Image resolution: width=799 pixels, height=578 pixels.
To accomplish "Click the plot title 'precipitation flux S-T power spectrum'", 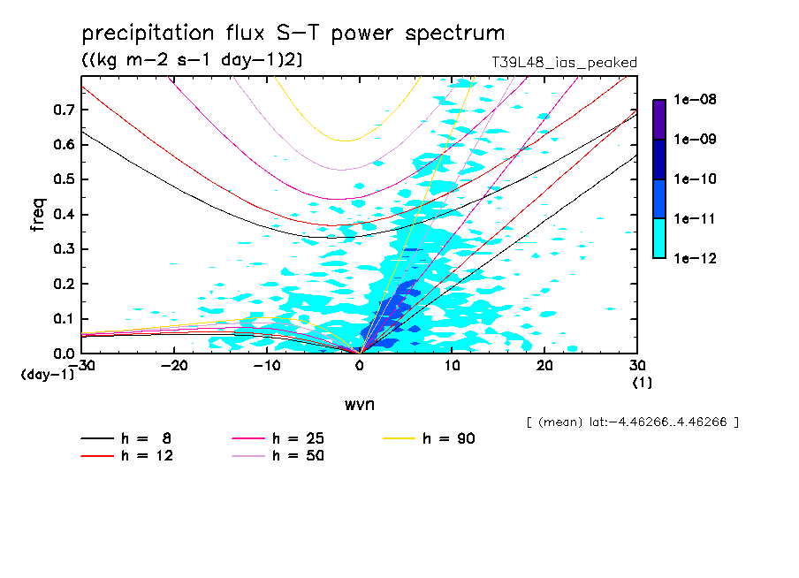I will pos(293,34).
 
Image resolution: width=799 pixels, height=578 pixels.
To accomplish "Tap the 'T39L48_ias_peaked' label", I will pos(564,63).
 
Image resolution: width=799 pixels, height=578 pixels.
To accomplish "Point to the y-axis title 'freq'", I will pos(38,214).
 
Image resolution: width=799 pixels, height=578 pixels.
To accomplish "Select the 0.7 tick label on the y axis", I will pos(64,110).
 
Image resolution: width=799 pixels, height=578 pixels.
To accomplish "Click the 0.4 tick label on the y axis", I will pos(64,214).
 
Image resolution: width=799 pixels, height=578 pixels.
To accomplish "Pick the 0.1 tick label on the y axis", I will pos(64,319).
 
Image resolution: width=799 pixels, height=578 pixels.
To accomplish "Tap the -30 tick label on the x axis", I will pos(85,365).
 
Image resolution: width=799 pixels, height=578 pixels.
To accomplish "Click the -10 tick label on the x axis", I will pos(266,365).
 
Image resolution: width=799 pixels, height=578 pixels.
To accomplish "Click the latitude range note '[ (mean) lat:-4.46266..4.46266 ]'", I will pos(632,422).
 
